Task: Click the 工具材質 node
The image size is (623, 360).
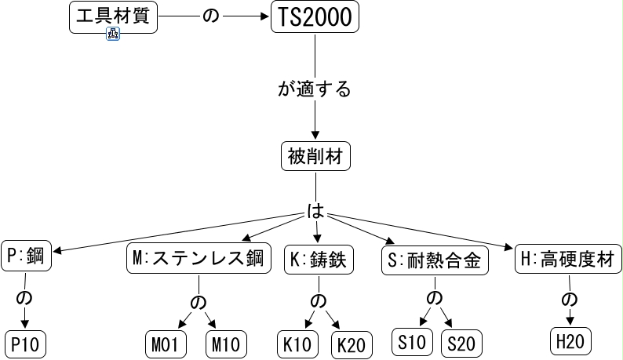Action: pos(113,17)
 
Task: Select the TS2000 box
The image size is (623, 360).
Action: pos(315,17)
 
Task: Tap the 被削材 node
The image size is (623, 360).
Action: pos(315,157)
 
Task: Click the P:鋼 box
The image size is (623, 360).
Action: pos(25,257)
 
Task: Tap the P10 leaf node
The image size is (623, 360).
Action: pos(27,344)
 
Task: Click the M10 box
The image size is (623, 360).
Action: pos(226,344)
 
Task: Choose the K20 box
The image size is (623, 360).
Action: pos(353,344)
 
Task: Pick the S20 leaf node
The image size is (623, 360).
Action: pos(461,344)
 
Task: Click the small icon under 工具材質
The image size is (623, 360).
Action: pos(112,35)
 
